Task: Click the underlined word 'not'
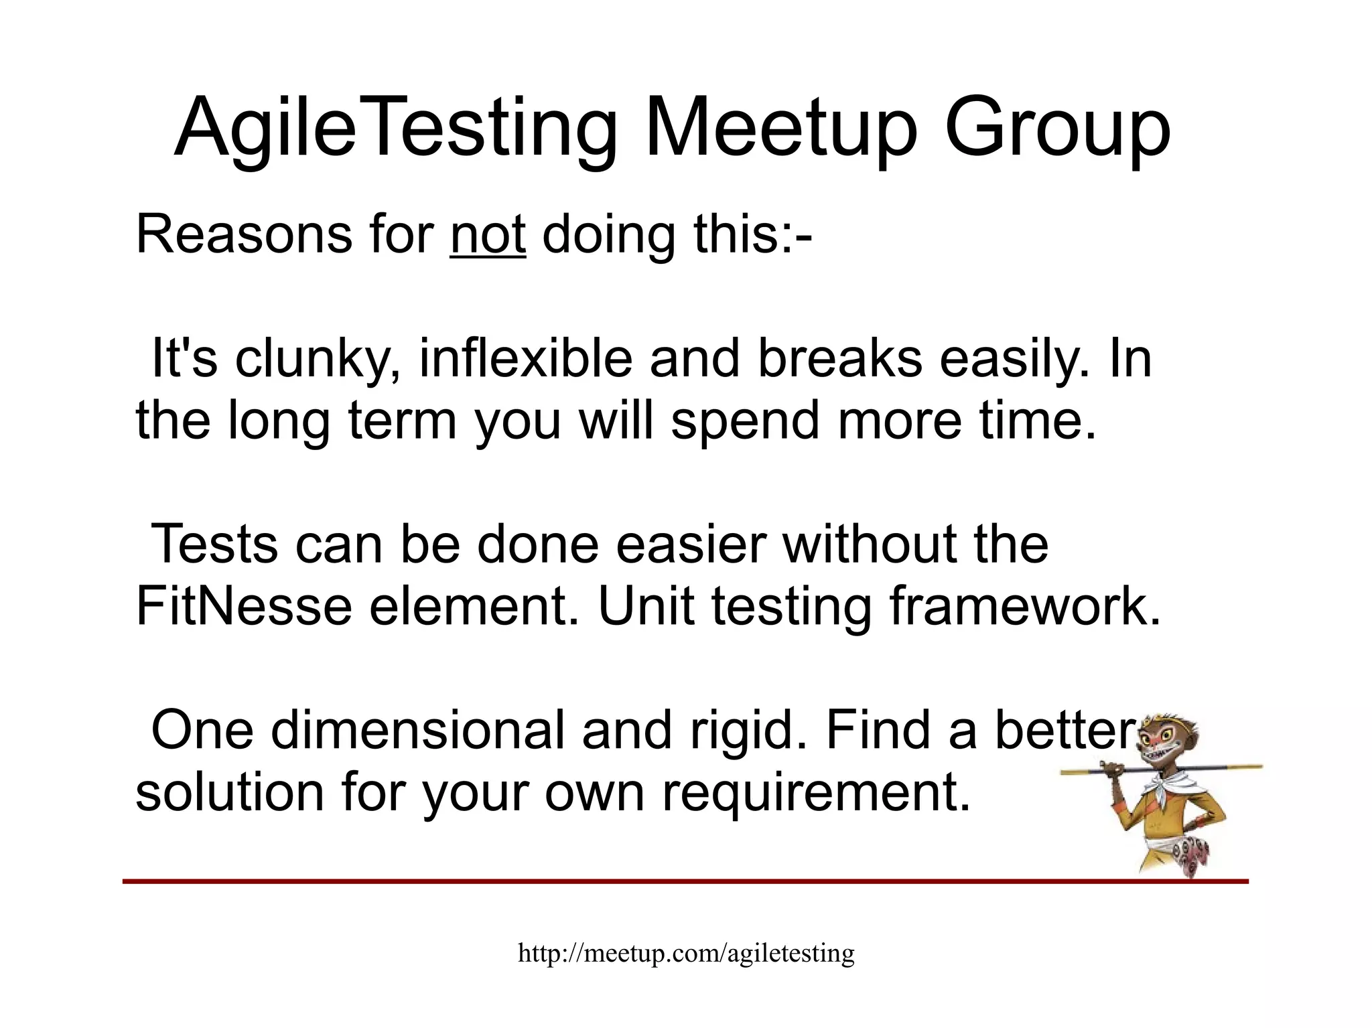tap(488, 235)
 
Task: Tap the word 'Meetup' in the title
tap(780, 127)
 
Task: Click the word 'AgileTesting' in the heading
tap(395, 127)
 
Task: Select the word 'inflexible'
tap(526, 360)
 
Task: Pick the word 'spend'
tap(745, 421)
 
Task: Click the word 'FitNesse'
tap(244, 607)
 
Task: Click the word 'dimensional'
tap(418, 731)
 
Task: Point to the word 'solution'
tap(230, 792)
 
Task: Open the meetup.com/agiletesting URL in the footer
tap(686, 952)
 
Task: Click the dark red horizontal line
tap(670, 881)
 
